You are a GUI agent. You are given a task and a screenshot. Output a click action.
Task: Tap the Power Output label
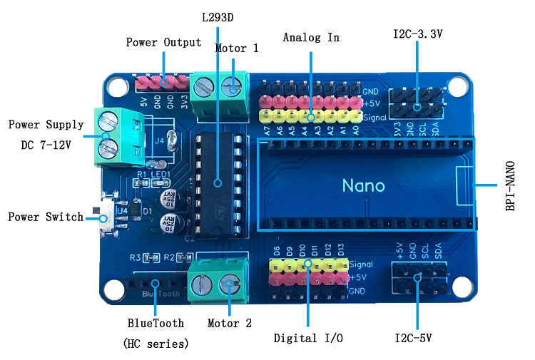(x=163, y=42)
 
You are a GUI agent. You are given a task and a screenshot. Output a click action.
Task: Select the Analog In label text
(x=310, y=37)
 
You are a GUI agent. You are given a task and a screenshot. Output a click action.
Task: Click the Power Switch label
(x=45, y=217)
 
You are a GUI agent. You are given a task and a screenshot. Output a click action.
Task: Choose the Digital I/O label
(x=308, y=338)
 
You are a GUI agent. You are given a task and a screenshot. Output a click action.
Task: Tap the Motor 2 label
(x=229, y=323)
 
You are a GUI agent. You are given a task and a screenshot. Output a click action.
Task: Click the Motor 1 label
(x=236, y=48)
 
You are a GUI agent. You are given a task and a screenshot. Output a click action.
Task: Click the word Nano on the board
(x=363, y=186)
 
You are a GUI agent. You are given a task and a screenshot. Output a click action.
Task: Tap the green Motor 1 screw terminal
(x=219, y=87)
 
